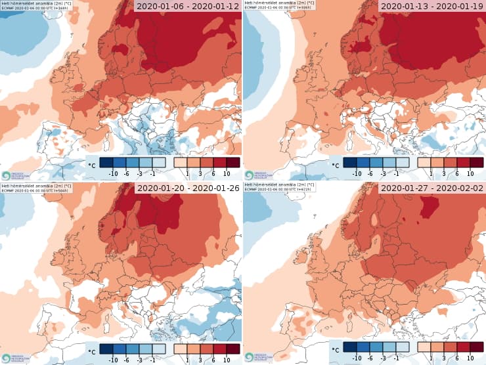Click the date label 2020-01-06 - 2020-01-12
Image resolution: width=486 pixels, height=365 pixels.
[x=188, y=7]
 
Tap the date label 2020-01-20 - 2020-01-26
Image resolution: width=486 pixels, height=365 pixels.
[x=188, y=189]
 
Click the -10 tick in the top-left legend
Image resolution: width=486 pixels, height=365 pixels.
[x=112, y=173]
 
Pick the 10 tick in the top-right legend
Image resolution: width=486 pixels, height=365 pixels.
[x=470, y=173]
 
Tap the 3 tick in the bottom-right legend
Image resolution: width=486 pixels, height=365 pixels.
[x=443, y=356]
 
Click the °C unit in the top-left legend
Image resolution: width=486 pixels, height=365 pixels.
[x=92, y=165]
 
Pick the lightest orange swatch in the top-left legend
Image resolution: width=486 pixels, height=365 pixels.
[x=181, y=162]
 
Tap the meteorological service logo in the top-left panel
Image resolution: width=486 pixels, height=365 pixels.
[x=6, y=175]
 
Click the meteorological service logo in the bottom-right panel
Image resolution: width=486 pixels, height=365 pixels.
[x=250, y=358]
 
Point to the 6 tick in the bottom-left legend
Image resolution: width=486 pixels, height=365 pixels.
[x=213, y=356]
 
